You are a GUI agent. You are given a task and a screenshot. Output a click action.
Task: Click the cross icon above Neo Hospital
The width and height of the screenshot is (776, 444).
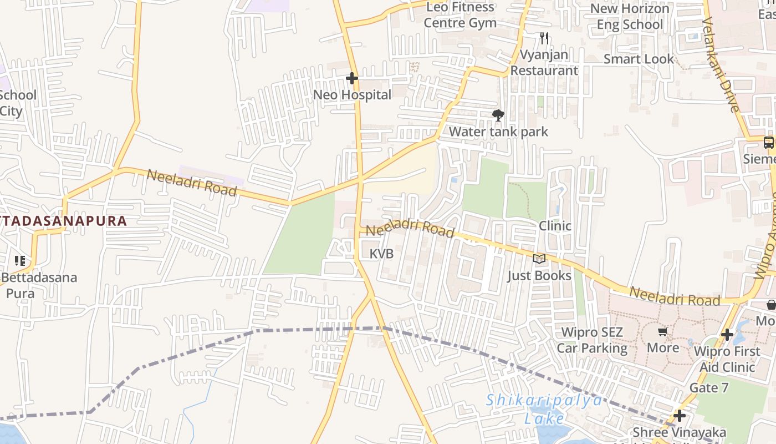click(352, 79)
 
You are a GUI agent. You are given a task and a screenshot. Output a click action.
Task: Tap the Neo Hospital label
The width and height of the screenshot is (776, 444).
click(353, 95)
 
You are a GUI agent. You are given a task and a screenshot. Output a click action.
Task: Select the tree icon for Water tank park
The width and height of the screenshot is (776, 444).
click(498, 115)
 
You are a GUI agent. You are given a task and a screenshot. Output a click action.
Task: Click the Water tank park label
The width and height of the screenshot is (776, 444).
click(498, 132)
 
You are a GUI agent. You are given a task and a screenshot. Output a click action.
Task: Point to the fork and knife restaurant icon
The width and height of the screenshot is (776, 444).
click(544, 38)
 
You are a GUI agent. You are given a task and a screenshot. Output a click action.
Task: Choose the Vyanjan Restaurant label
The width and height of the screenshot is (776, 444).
click(544, 63)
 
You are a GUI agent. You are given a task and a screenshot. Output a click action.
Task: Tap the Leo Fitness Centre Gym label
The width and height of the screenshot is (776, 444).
click(460, 15)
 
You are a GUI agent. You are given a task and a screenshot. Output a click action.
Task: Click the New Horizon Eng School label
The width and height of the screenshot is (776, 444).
click(630, 17)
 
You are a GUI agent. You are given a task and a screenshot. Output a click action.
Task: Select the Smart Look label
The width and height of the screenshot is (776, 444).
click(639, 59)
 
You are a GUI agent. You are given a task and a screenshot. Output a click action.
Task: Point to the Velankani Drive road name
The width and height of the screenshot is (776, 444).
click(721, 64)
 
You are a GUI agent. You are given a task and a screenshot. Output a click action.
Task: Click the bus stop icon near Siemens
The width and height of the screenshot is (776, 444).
click(768, 143)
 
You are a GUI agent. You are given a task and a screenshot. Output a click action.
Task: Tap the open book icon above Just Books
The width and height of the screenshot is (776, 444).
click(539, 259)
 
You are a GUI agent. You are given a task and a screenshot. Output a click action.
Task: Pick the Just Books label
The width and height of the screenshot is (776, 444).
click(539, 275)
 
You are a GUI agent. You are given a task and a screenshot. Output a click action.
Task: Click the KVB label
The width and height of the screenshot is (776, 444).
click(381, 254)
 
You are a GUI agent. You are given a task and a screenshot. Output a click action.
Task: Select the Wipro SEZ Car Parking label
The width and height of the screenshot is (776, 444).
click(592, 340)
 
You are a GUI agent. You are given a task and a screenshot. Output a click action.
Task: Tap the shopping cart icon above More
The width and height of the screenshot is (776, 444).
click(662, 332)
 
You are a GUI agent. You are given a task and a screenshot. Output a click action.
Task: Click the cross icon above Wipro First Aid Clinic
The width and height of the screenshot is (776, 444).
click(727, 335)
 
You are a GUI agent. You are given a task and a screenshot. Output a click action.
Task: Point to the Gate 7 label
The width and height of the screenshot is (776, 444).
click(709, 387)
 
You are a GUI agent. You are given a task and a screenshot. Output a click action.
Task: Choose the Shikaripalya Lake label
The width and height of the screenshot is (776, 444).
click(544, 409)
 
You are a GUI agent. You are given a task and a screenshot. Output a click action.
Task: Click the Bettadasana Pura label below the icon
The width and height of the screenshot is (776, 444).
click(39, 285)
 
